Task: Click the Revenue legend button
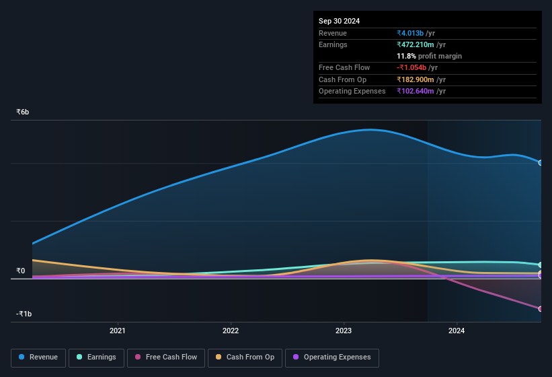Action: point(39,357)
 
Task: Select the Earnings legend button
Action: point(96,357)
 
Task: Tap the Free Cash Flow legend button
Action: point(166,357)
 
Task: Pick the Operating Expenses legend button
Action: point(331,357)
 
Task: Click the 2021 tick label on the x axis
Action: point(118,331)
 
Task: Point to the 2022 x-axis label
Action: point(231,331)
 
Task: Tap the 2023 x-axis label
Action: point(344,331)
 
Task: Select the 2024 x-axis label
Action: point(457,331)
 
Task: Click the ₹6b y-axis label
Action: point(23,112)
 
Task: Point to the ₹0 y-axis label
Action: point(21,271)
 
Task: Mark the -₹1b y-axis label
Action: point(24,314)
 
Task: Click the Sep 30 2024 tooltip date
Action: point(339,21)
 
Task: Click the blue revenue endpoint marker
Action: point(541,163)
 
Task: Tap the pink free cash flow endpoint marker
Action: point(541,309)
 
